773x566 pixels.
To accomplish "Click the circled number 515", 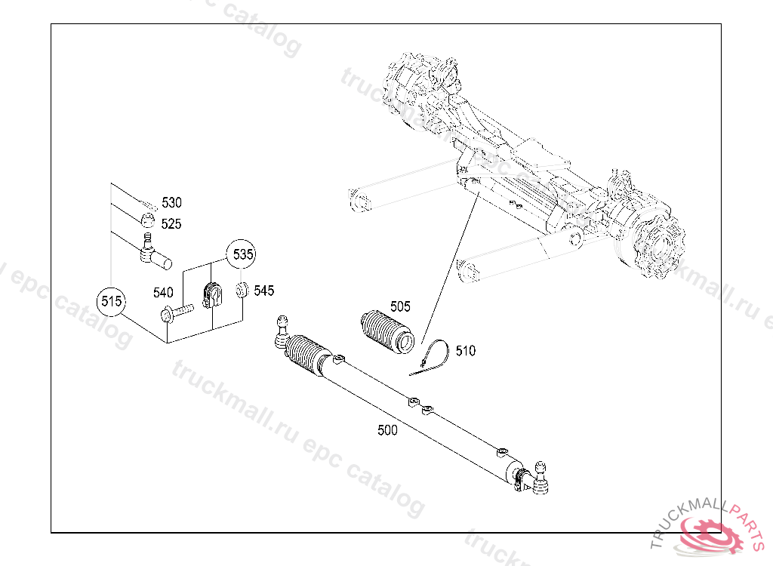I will pyautogui.click(x=112, y=302).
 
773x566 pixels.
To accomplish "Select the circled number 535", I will pyautogui.click(x=242, y=254).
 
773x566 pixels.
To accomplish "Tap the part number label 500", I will pyautogui.click(x=387, y=431).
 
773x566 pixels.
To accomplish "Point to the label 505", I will pyautogui.click(x=400, y=306).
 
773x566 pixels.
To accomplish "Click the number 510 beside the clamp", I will pyautogui.click(x=466, y=351).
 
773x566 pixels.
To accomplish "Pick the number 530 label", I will pyautogui.click(x=171, y=203).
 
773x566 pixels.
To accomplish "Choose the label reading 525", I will pyautogui.click(x=171, y=224).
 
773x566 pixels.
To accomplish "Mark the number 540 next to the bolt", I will pyautogui.click(x=164, y=292).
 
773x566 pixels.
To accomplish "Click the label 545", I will pyautogui.click(x=264, y=291).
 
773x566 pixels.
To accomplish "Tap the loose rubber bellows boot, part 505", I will pyautogui.click(x=386, y=332).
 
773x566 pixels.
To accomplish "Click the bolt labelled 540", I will pyautogui.click(x=177, y=311).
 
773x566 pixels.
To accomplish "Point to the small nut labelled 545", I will pyautogui.click(x=242, y=290).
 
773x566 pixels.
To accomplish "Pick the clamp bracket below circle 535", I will pyautogui.click(x=212, y=296).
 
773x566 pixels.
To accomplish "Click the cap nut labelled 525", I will pyautogui.click(x=149, y=222).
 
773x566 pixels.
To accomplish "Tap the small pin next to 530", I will pyautogui.click(x=148, y=203).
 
